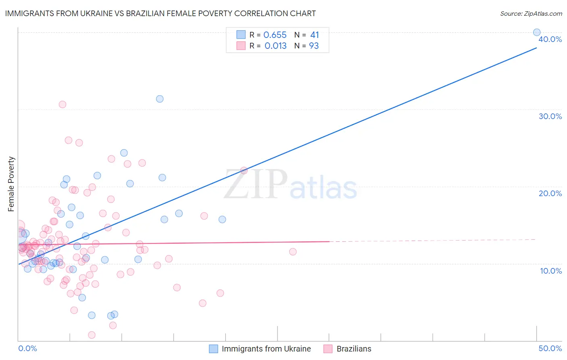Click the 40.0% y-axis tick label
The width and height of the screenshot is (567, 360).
(550, 39)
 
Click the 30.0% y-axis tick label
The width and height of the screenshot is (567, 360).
(550, 116)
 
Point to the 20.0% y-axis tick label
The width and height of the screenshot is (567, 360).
(550, 193)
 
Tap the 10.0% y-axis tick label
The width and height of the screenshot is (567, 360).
(551, 271)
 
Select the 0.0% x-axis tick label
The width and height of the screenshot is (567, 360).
(27, 348)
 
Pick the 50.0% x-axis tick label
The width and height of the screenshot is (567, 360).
(550, 348)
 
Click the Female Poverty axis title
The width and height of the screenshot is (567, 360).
(11, 184)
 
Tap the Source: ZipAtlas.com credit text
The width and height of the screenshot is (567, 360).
(531, 13)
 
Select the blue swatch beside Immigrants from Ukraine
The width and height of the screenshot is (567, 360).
(213, 349)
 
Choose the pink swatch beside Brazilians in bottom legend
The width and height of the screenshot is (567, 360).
(328, 349)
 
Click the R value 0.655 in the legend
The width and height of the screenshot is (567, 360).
(275, 35)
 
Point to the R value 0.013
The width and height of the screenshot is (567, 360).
(275, 46)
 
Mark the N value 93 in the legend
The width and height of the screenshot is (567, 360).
(314, 46)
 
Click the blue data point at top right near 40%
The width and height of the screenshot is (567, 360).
(537, 32)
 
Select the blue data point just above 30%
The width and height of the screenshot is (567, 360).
(160, 99)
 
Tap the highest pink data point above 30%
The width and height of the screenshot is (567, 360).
(63, 104)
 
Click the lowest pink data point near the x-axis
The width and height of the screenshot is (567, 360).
(92, 335)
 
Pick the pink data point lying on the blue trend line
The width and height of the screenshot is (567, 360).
(244, 170)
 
